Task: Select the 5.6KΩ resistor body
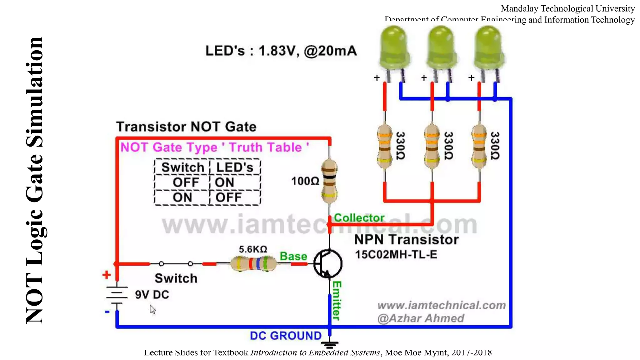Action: tap(253, 263)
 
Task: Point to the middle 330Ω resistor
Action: tap(432, 146)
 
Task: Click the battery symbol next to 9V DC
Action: tap(117, 294)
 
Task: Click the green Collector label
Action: tap(359, 218)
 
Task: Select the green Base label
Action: tap(293, 256)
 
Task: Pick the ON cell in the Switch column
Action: tap(182, 197)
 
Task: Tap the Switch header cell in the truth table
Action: tap(182, 167)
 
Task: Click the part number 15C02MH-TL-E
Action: tap(396, 254)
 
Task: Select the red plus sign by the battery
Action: tap(107, 275)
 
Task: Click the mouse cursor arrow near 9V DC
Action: tap(152, 309)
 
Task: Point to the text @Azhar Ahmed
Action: tap(421, 318)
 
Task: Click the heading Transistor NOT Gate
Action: tap(186, 127)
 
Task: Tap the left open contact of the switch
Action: tap(161, 264)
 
